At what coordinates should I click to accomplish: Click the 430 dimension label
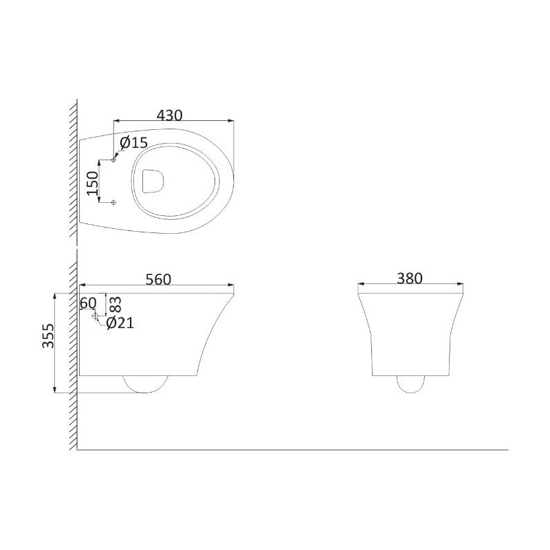(x=169, y=115)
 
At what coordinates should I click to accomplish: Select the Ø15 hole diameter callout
(x=133, y=142)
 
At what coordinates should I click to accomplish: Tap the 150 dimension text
(x=93, y=183)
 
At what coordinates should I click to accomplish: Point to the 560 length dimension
(x=158, y=279)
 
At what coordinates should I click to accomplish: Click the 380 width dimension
(x=410, y=278)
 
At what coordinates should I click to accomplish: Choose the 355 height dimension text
(x=48, y=335)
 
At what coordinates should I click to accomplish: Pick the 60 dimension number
(x=88, y=303)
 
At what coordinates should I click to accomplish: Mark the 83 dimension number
(x=115, y=305)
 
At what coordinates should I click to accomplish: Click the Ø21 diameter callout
(x=120, y=323)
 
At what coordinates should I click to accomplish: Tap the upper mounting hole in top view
(x=113, y=160)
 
